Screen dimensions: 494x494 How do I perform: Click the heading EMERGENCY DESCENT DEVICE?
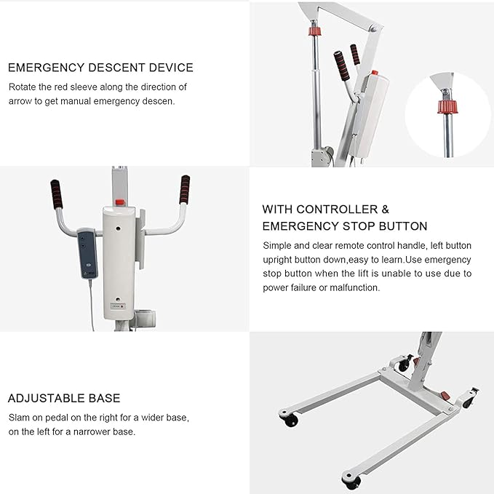[100, 68]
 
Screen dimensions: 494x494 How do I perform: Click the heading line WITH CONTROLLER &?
[321, 209]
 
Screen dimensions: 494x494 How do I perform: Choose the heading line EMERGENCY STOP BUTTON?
[345, 226]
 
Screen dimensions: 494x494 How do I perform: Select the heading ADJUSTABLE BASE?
[64, 399]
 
